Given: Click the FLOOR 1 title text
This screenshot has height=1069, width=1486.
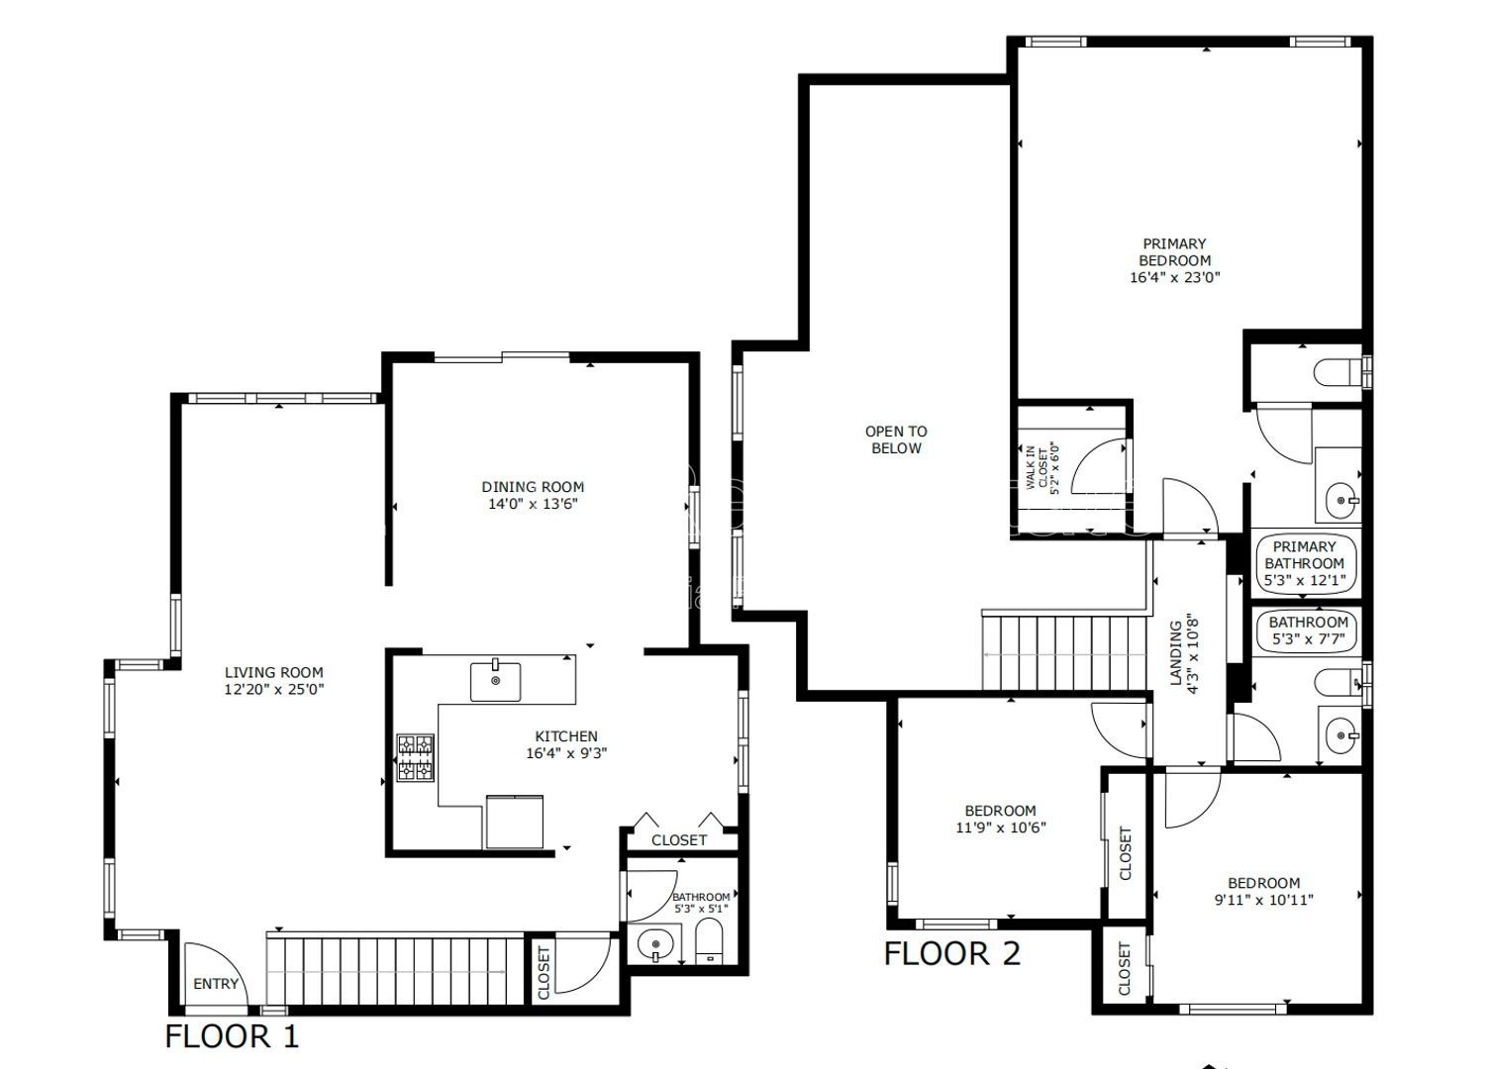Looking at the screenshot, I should [231, 1036].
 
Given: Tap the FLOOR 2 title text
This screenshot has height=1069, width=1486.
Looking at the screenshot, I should [951, 954].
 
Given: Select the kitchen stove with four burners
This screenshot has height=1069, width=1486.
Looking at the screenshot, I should [416, 757].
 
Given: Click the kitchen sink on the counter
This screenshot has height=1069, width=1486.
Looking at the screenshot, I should [496, 682].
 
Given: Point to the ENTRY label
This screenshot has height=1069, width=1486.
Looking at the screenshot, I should [216, 984].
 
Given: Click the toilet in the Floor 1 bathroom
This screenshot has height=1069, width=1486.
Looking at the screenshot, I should [709, 941].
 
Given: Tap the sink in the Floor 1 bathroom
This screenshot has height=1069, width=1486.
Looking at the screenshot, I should [655, 945].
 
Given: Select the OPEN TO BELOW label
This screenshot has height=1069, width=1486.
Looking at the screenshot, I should [895, 439].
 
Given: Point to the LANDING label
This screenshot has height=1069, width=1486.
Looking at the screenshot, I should [1183, 655].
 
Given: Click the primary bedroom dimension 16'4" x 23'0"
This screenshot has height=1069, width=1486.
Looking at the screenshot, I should [1174, 278].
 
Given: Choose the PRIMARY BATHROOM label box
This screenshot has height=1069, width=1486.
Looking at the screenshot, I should [1304, 563].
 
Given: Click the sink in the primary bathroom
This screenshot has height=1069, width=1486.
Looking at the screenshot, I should [1342, 499].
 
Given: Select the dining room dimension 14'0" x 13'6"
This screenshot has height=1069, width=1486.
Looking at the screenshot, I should [533, 504].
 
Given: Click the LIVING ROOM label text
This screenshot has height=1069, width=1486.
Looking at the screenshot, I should [273, 673].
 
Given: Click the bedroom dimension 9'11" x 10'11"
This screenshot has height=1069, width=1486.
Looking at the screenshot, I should [1264, 900].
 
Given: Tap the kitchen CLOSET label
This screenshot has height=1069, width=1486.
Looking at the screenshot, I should [679, 840].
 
